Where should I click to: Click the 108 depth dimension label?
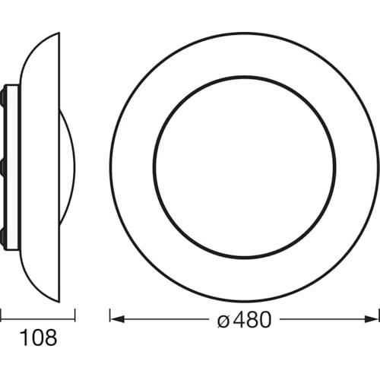pyautogui.click(x=39, y=337)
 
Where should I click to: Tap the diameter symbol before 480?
pyautogui.click(x=223, y=319)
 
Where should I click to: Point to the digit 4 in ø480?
pyautogui.click(x=239, y=319)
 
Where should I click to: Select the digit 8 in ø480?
pyautogui.click(x=252, y=319)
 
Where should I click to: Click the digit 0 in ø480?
pyautogui.click(x=264, y=319)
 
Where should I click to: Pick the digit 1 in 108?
pyautogui.click(x=24, y=337)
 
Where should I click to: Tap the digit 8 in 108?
pyautogui.click(x=51, y=337)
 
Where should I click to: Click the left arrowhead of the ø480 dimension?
pyautogui.click(x=117, y=319)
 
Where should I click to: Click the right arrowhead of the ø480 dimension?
pyautogui.click(x=372, y=319)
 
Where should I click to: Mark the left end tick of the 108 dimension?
pyautogui.click(x=1, y=315)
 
